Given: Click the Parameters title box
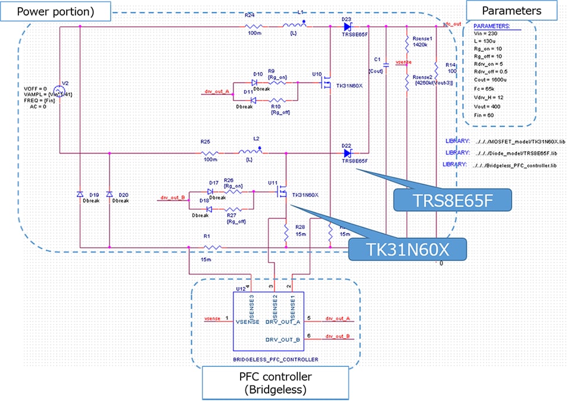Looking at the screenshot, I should (512, 11).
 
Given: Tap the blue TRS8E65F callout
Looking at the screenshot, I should (453, 201).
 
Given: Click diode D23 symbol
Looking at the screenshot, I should (347, 27).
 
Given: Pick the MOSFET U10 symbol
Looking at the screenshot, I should (326, 85).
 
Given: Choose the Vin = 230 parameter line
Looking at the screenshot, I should (484, 35).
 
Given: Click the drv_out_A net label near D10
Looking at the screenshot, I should (217, 92).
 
